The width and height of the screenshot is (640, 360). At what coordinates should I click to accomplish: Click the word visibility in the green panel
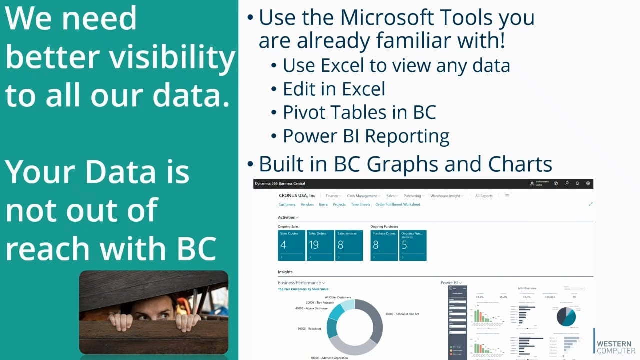pyautogui.click(x=172, y=57)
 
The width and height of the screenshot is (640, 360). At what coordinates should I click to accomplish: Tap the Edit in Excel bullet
pyautogui.click(x=334, y=89)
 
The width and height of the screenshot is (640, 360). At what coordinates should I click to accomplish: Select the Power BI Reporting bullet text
pyautogui.click(x=366, y=136)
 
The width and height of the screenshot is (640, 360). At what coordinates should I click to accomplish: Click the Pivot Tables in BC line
pyautogui.click(x=359, y=112)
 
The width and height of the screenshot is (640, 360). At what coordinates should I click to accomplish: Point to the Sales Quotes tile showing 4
pyautogui.click(x=291, y=245)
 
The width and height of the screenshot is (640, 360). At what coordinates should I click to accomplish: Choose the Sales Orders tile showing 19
pyautogui.click(x=320, y=245)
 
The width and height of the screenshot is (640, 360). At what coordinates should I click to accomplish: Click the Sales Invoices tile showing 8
pyautogui.click(x=349, y=245)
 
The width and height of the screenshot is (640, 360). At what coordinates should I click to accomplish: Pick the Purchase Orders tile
pyautogui.click(x=384, y=245)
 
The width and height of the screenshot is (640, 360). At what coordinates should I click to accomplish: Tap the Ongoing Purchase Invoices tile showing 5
pyautogui.click(x=413, y=245)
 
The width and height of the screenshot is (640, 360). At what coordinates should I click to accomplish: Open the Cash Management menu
pyautogui.click(x=363, y=196)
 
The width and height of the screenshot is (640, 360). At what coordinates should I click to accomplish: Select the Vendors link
pyautogui.click(x=307, y=204)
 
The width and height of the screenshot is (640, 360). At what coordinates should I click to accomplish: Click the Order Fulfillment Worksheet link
pyautogui.click(x=397, y=204)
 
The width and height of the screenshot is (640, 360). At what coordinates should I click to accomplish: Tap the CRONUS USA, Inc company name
pyautogui.click(x=297, y=196)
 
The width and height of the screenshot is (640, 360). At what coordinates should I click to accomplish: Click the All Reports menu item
pyautogui.click(x=484, y=196)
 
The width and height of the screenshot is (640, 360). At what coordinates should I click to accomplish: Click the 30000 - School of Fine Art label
pyautogui.click(x=402, y=314)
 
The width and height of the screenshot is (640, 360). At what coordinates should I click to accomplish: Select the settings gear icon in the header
pyautogui.click(x=588, y=183)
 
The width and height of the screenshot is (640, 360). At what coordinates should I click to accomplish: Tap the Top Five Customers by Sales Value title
pyautogui.click(x=303, y=289)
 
